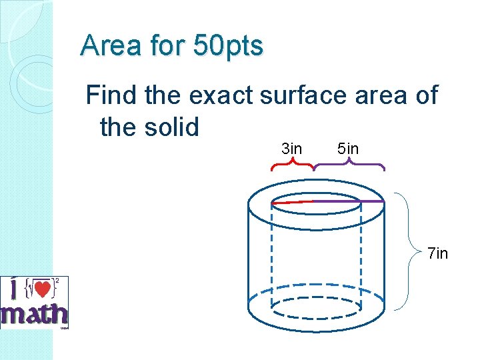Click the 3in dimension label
pos(291,149)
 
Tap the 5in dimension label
pos(348,149)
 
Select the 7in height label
pos(437,253)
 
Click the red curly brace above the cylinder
pos(291,165)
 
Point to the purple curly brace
pos(349,165)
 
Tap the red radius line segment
pos(292,201)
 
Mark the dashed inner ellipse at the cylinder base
pos(316,307)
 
